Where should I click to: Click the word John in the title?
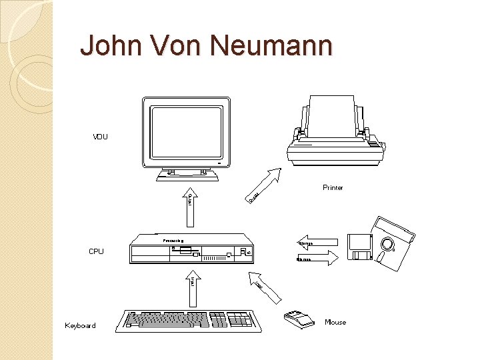tap(107, 46)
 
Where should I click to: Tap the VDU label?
tap(100, 137)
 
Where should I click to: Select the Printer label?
tap(333, 188)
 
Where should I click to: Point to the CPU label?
tap(96, 252)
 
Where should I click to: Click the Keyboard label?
tap(81, 326)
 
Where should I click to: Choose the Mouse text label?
tap(335, 323)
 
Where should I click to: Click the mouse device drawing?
tap(299, 319)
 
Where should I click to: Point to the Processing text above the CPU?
tap(173, 239)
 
